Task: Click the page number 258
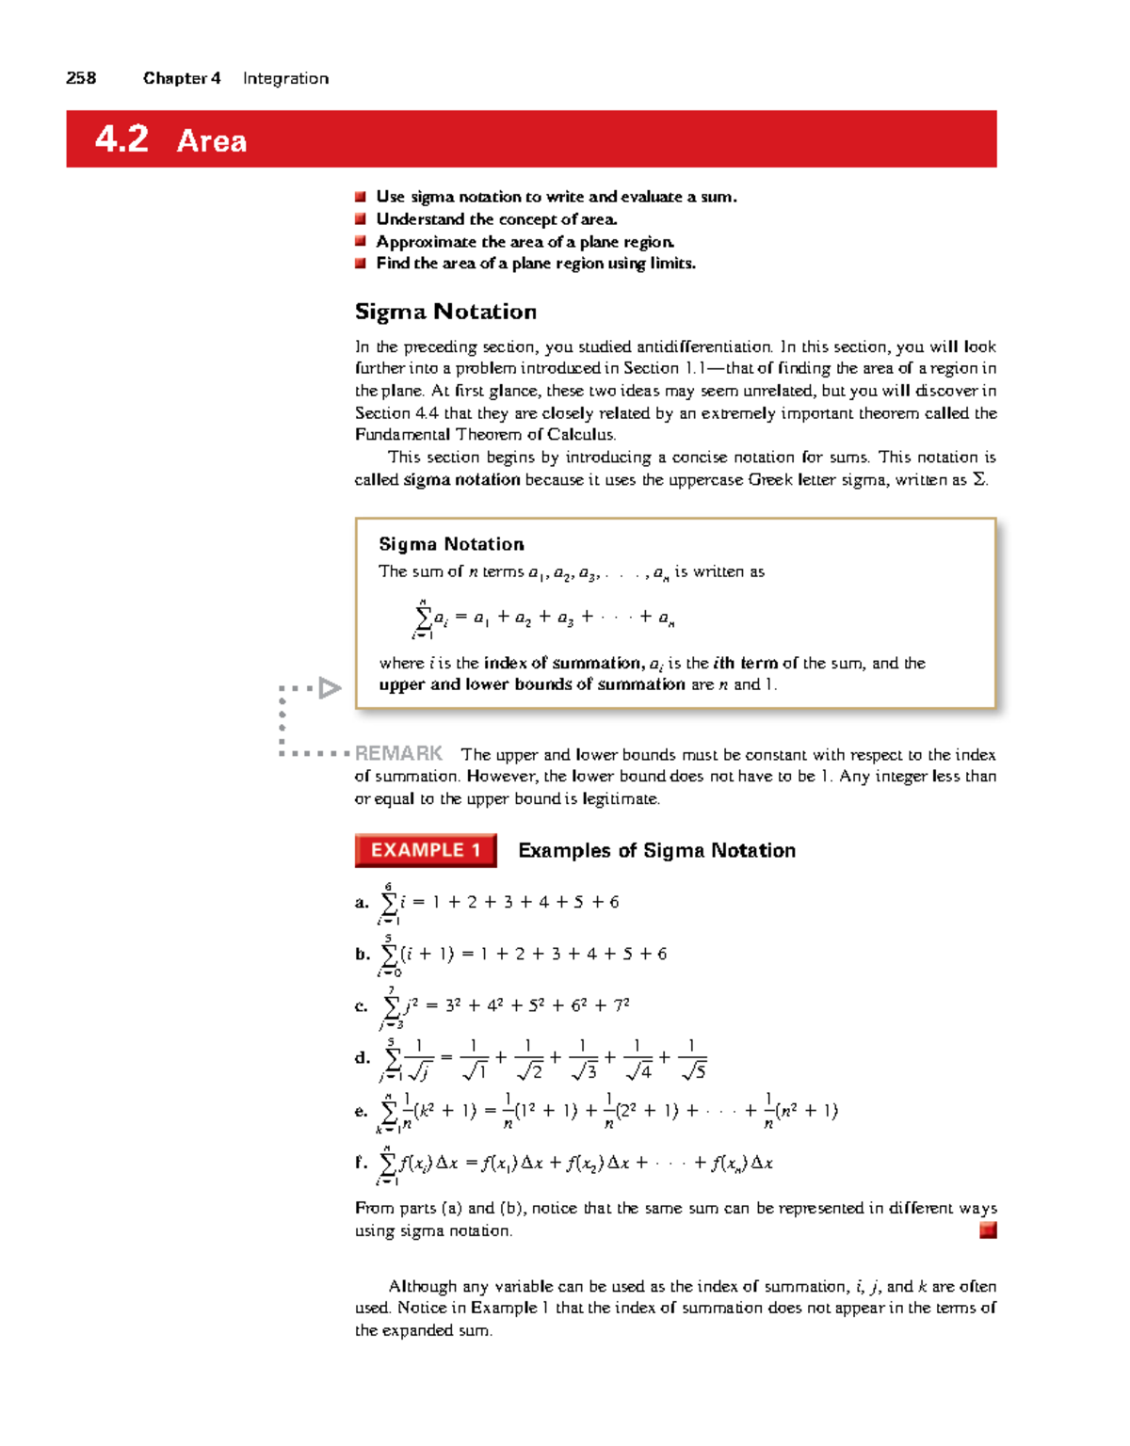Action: point(81,78)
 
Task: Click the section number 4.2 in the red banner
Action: point(121,139)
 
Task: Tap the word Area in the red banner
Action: point(212,141)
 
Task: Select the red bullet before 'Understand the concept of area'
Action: point(360,219)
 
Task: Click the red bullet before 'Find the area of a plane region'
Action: point(360,264)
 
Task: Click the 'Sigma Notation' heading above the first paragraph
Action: point(445,312)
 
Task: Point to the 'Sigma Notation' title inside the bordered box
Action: point(451,544)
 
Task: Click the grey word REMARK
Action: point(398,753)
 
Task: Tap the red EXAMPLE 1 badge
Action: point(426,850)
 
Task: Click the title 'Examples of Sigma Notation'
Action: point(656,851)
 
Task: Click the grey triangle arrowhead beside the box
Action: point(329,688)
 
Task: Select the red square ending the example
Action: point(988,1230)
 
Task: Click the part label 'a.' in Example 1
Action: point(362,903)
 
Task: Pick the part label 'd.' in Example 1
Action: point(363,1058)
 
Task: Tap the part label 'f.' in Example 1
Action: point(361,1163)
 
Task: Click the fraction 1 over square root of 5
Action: point(692,1059)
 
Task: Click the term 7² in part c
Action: point(621,1005)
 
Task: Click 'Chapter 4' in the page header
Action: point(182,78)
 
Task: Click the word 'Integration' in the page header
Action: point(285,78)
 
